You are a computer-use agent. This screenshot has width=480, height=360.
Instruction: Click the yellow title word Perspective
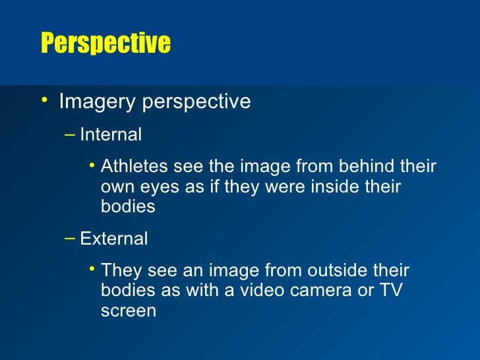click(x=105, y=44)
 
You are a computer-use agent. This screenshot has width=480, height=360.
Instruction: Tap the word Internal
click(x=111, y=135)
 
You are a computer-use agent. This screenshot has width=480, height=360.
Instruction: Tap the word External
click(x=113, y=238)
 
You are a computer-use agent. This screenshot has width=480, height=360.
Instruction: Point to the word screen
click(x=129, y=311)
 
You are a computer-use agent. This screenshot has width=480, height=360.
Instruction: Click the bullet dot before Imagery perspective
click(x=44, y=100)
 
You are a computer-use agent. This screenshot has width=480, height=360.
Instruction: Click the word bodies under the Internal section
click(x=128, y=207)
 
